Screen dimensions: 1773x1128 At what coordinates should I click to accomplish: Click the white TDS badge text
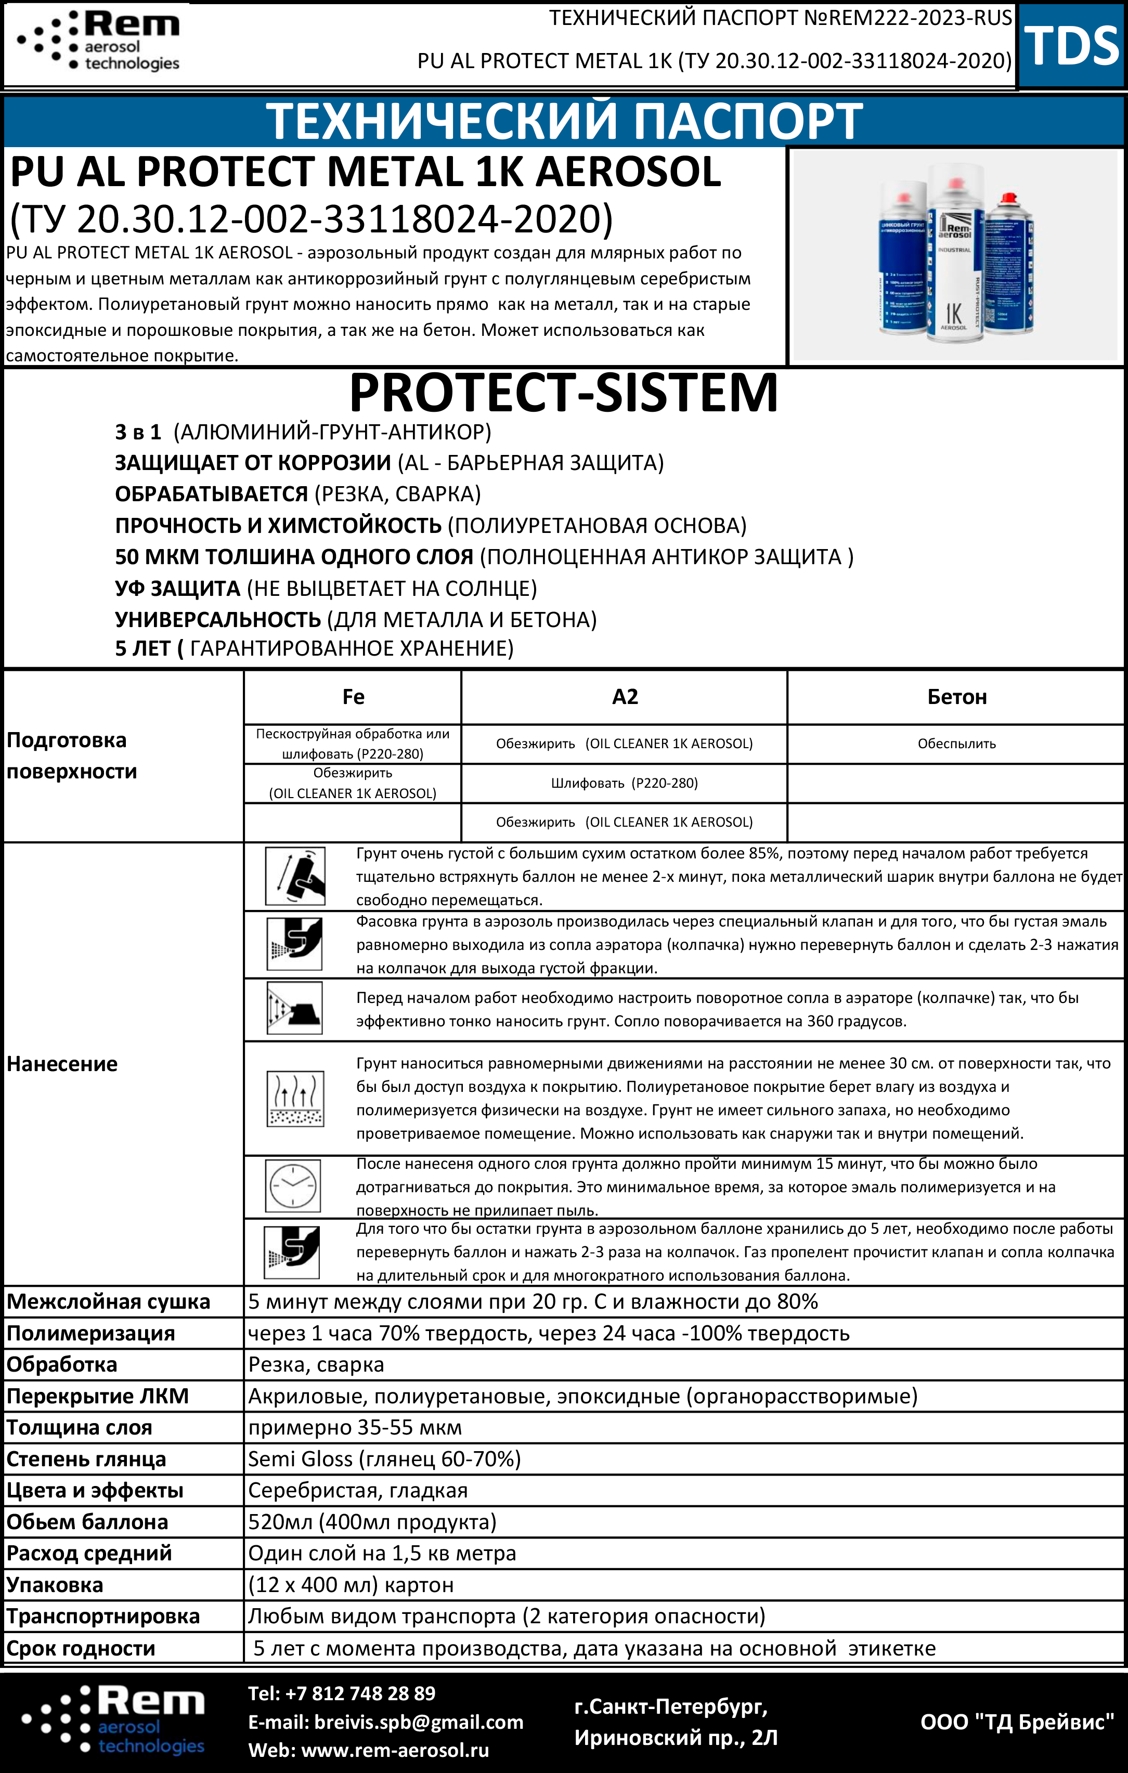coord(1071,46)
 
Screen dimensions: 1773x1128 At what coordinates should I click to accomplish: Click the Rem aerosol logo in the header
coord(99,41)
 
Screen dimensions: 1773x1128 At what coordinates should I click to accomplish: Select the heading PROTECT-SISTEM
coord(563,393)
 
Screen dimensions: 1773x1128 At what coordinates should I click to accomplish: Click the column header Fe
coord(354,697)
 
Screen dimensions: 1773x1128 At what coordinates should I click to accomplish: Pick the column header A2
coord(625,697)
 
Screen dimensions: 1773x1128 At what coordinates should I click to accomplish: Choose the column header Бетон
coord(956,697)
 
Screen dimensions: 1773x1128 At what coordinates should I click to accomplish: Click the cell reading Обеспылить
coord(956,744)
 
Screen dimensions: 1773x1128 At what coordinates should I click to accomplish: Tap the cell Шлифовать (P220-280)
coord(625,783)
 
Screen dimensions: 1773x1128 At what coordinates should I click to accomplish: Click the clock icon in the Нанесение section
coord(293,1186)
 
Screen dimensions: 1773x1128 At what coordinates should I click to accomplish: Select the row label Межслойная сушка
coord(108,1302)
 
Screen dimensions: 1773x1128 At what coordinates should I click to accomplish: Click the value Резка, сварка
coord(316,1364)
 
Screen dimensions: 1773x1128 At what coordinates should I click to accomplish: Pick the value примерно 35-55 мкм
coord(355,1427)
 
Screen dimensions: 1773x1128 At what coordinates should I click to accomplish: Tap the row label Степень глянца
coord(86,1458)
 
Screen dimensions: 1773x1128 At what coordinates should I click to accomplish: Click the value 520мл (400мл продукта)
coord(372,1521)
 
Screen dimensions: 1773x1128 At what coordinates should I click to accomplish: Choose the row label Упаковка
coord(55,1584)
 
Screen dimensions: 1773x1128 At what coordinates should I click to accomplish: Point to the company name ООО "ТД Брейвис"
coord(1017,1722)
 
